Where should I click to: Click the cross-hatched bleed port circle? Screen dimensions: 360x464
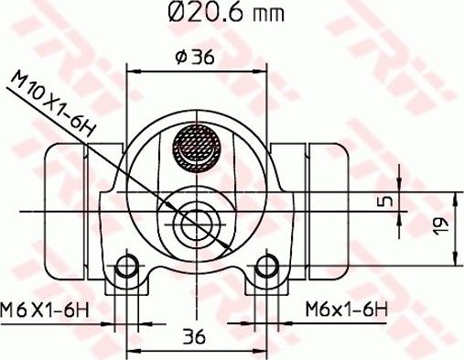pos(196,147)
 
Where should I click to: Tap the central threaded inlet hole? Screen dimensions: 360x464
pos(196,221)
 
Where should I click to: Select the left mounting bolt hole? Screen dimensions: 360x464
pos(130,267)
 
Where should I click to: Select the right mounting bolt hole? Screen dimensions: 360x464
pos(266,267)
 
